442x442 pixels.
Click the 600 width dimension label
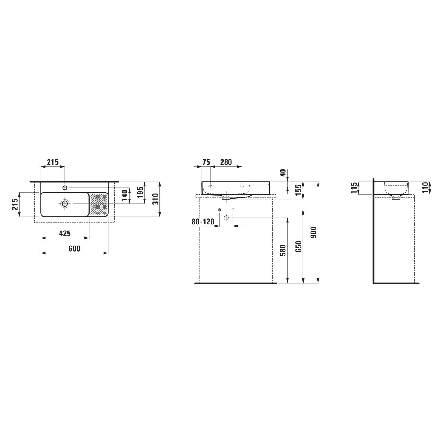74,248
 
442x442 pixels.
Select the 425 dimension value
65,234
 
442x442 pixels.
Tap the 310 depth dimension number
156,199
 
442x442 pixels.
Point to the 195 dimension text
140,192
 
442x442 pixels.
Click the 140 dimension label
125,196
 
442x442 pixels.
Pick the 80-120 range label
203,222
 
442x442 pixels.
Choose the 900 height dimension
313,232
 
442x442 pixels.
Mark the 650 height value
298,246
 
